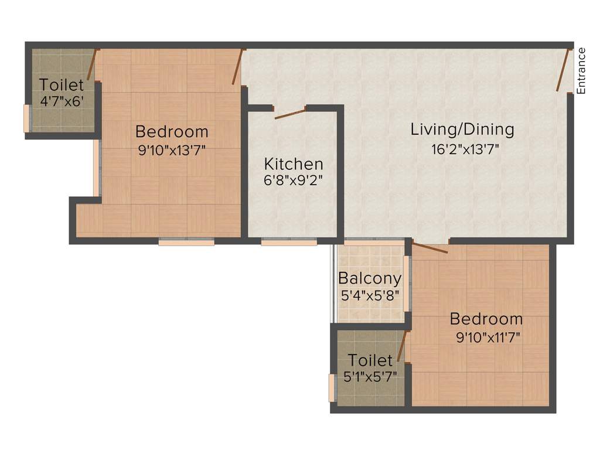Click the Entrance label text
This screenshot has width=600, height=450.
581,70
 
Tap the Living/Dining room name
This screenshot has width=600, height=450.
462,129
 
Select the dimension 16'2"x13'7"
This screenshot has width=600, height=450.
465,149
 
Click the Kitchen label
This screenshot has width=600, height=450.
293,163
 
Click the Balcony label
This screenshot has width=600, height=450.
370,278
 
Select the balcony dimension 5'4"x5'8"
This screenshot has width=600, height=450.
370,295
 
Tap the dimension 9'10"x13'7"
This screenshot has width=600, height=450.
172,151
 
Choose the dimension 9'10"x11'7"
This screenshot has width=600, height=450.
488,337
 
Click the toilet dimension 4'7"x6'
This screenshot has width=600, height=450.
62,101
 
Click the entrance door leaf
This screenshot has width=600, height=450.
564,70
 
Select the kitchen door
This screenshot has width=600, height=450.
290,113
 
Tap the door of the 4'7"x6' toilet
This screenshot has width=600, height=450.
91,65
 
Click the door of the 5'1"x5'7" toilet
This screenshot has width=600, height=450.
401,346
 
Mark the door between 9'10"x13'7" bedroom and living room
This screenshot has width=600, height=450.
237,67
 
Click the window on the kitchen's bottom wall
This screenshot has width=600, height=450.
289,241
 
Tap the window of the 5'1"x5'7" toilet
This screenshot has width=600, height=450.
331,388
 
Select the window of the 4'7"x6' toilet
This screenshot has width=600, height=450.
26,118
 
